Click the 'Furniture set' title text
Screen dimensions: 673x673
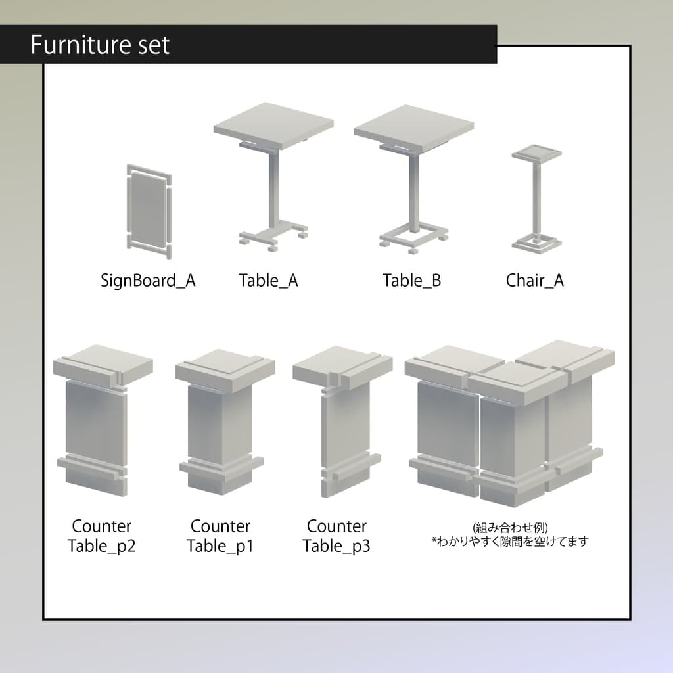click(x=100, y=45)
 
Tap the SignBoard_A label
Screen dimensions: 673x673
click(x=148, y=281)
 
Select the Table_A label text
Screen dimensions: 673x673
click(x=268, y=281)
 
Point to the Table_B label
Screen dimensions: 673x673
click(x=412, y=281)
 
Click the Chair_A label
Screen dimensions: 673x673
click(x=534, y=281)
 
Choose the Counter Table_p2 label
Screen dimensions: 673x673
click(x=101, y=536)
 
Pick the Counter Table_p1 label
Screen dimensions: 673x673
click(x=220, y=536)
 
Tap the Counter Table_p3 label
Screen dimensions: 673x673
click(x=336, y=536)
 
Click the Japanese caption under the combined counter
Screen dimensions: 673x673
click(x=510, y=536)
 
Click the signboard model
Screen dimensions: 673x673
click(x=148, y=208)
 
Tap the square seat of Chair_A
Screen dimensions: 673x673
click(x=537, y=154)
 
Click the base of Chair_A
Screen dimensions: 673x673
click(x=536, y=244)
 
